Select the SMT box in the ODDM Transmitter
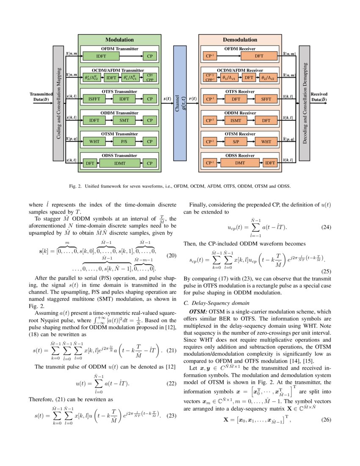pos(124,120)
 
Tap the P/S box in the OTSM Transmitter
pos(124,141)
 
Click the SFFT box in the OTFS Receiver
pos(266,99)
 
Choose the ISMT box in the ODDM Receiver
pos(235,120)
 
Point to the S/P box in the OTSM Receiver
pos(235,141)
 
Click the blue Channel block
pos(180,103)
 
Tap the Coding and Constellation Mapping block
pos(58,103)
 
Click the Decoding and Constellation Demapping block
pos(305,103)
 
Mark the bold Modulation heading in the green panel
pos(119,40)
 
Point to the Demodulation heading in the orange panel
pos(240,40)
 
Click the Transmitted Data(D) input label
pos(41,97)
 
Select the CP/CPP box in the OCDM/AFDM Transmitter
pos(149,78)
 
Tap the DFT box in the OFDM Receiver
pos(259,56)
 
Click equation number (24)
pos(326,227)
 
